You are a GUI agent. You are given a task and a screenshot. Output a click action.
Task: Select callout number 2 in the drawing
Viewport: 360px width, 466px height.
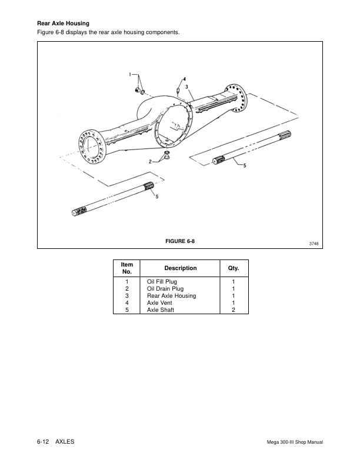(151, 161)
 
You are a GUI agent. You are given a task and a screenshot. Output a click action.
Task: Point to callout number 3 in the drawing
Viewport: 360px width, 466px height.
(186, 86)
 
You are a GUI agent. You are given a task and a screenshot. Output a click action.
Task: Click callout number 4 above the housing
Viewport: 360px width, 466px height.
(184, 78)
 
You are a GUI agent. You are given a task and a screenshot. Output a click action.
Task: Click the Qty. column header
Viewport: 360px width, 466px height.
(234, 268)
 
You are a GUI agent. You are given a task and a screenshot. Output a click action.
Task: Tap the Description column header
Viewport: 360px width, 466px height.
(180, 268)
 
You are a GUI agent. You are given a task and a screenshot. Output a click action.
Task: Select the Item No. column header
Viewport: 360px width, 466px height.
(126, 268)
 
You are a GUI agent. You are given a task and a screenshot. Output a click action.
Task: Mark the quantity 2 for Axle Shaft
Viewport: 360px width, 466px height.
(234, 310)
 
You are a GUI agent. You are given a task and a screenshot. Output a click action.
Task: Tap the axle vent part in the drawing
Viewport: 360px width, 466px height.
(178, 90)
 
